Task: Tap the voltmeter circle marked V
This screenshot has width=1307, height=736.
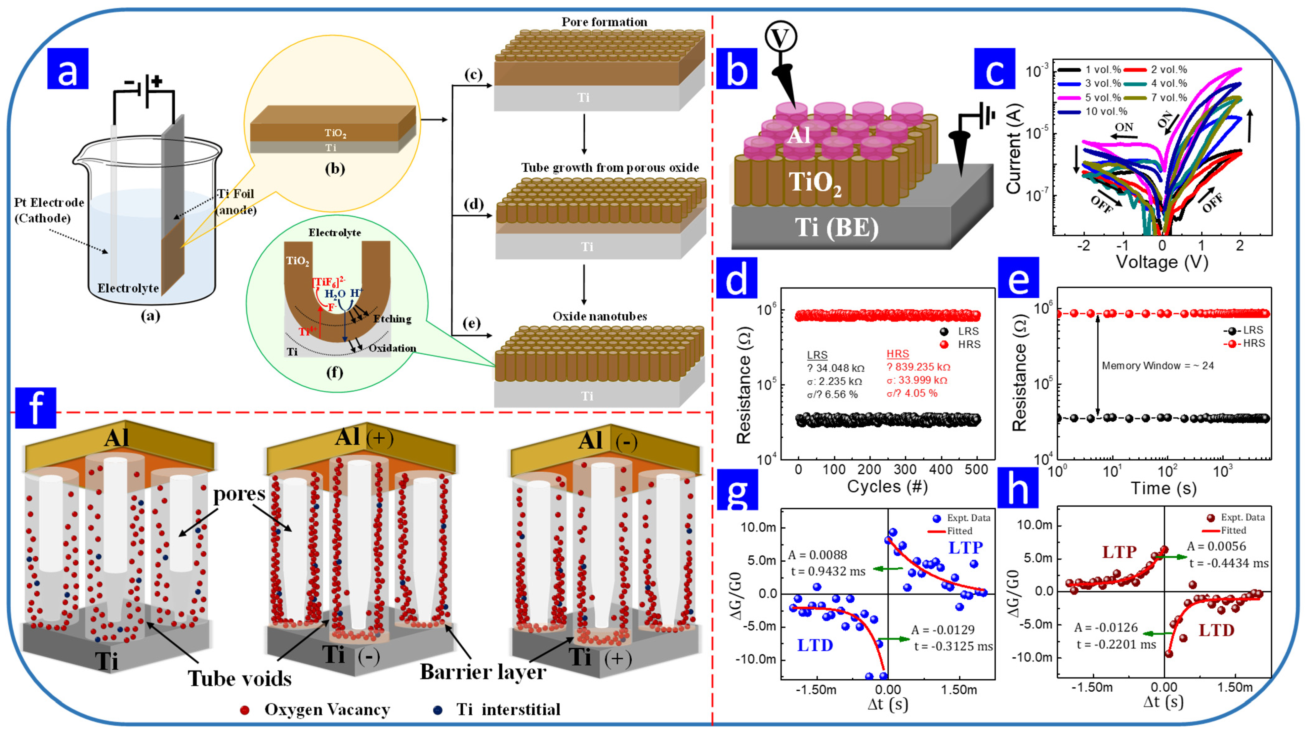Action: pyautogui.click(x=781, y=36)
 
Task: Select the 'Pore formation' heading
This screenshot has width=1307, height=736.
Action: pyautogui.click(x=604, y=22)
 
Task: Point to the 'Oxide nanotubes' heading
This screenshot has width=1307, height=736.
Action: pyautogui.click(x=600, y=316)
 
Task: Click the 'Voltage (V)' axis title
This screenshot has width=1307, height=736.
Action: pyautogui.click(x=1162, y=262)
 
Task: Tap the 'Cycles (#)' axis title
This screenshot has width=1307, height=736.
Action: pyautogui.click(x=887, y=486)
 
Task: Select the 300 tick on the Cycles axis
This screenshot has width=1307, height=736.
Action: pyautogui.click(x=905, y=469)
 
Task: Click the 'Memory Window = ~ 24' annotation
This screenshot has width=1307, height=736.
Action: pyautogui.click(x=1158, y=366)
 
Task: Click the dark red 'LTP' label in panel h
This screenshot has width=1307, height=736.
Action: pyautogui.click(x=1119, y=552)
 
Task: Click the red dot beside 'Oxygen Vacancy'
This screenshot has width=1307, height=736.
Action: pyautogui.click(x=244, y=710)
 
